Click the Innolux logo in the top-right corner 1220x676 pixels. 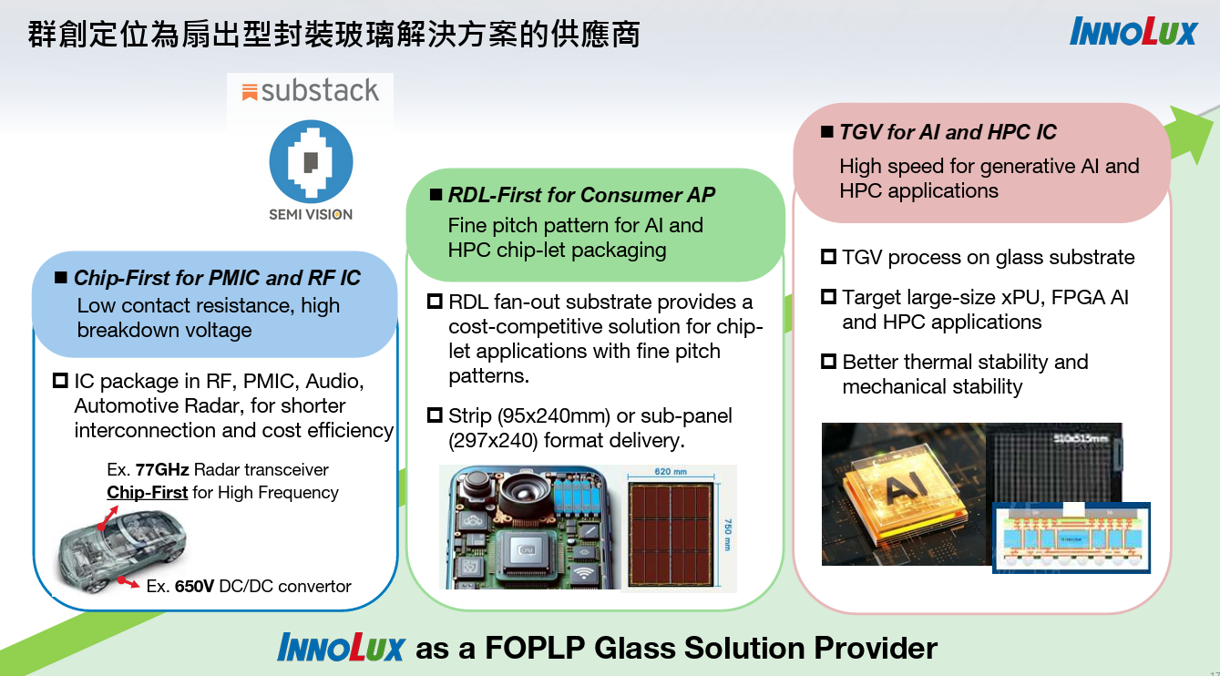tap(1133, 32)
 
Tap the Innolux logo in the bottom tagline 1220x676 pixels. tap(341, 648)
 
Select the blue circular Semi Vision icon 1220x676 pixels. tap(311, 162)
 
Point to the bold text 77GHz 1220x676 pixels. tap(162, 470)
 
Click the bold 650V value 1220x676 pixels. tap(194, 586)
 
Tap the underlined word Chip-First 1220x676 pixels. tap(148, 493)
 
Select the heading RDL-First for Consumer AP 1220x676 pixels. tap(581, 195)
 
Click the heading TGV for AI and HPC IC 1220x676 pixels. tap(948, 132)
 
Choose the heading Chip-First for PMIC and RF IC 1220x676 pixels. tap(217, 278)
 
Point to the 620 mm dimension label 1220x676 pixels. tap(670, 472)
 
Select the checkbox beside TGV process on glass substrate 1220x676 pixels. tap(828, 257)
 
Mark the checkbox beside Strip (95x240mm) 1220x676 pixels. tap(435, 415)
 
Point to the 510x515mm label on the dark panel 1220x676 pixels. tap(1081, 437)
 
